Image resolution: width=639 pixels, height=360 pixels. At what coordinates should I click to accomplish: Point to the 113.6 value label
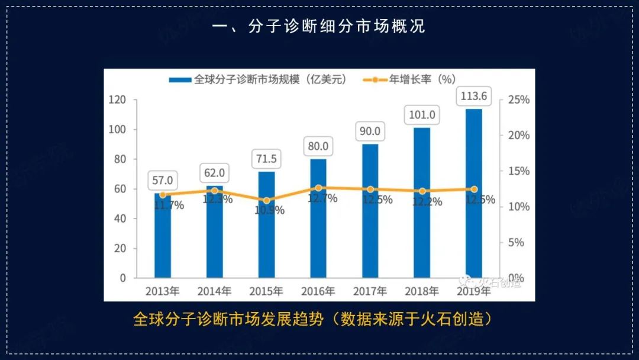coord(473,96)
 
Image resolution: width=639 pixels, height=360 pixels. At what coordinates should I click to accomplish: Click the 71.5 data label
coord(266,160)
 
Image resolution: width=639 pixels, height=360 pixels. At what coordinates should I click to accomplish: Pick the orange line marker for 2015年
coord(266,201)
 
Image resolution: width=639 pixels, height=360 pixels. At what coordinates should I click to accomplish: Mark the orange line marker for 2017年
coord(370,189)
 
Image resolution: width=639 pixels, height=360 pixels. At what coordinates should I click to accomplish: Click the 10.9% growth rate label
coord(269,210)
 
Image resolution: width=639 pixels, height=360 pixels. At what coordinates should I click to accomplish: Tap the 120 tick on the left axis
coord(118,100)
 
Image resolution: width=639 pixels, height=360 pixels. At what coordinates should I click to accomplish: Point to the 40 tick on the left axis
coord(120,218)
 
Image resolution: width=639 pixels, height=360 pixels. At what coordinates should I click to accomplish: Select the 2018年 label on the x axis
coord(421,291)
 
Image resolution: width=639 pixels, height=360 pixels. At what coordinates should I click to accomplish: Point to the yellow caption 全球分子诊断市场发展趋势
coord(228,320)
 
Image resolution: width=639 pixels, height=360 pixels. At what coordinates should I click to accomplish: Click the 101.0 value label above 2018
coord(422,115)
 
